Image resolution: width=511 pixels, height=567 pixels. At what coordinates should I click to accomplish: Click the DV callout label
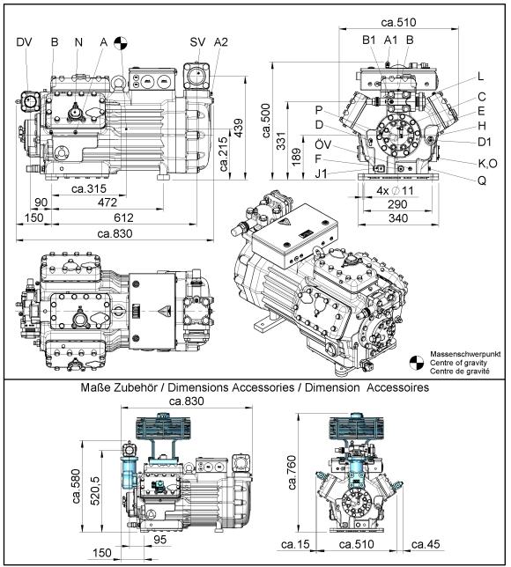[x=25, y=42]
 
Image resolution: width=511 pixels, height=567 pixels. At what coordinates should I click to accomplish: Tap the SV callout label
[x=197, y=42]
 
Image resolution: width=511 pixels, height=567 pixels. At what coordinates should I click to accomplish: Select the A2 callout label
[x=221, y=42]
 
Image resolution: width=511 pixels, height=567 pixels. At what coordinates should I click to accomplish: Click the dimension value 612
[x=123, y=217]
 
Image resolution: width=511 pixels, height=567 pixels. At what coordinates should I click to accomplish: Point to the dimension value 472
[x=107, y=202]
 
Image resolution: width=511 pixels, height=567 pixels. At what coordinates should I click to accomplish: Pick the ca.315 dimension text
[x=89, y=188]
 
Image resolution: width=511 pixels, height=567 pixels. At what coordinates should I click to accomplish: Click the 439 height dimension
[x=238, y=129]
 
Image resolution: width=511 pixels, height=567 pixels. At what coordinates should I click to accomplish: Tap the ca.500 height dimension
[x=266, y=121]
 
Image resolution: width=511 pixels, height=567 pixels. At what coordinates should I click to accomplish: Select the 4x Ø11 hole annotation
[x=395, y=190]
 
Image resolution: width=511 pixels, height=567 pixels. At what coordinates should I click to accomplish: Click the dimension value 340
[x=398, y=218]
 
